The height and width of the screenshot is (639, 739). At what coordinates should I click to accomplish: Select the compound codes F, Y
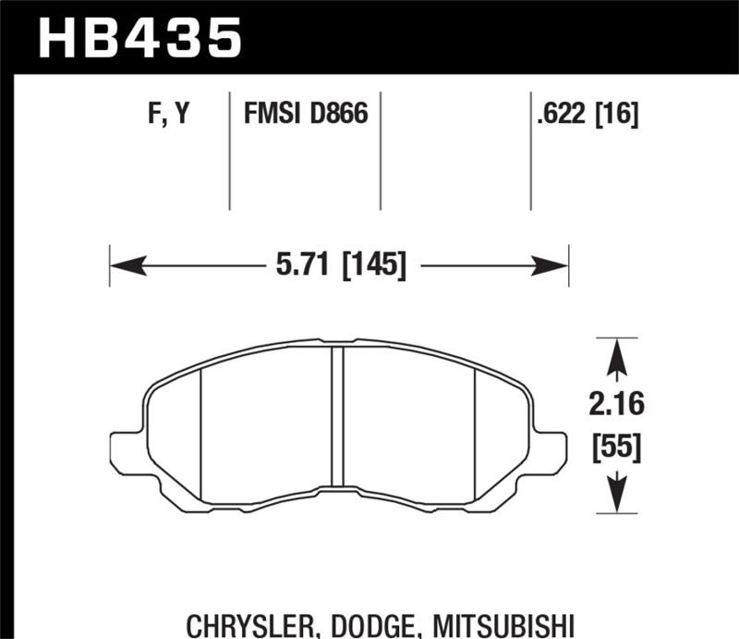169,115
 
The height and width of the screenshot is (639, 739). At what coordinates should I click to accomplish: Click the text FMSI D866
306,115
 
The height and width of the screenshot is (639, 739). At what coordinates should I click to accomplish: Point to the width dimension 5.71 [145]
341,266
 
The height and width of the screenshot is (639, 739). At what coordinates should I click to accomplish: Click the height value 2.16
615,403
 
